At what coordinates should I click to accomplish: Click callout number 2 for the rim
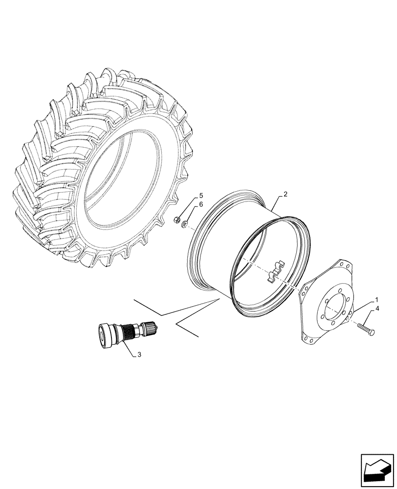(x=285, y=195)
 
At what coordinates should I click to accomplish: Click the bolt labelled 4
(x=364, y=328)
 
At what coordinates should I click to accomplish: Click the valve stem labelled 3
(x=127, y=333)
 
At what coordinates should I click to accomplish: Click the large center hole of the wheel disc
(x=333, y=308)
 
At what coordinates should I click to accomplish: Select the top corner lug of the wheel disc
(x=346, y=267)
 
